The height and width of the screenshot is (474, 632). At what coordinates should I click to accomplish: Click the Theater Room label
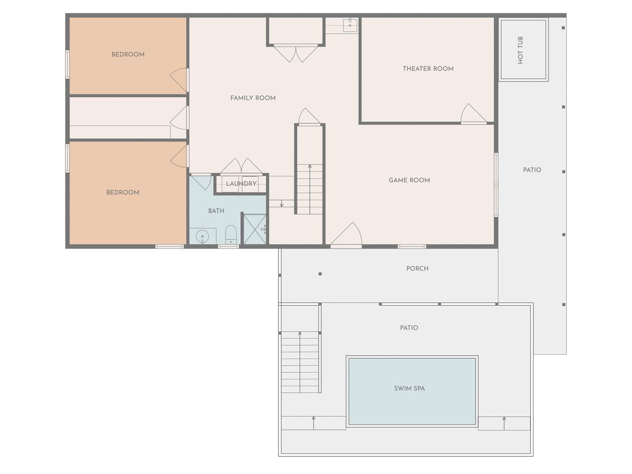428,69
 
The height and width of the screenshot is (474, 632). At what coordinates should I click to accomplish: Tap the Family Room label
253,98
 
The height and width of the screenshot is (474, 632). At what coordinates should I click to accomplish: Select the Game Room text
409,180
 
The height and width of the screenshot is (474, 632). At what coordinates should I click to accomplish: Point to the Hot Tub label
520,50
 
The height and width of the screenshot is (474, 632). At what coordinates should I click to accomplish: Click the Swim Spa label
409,388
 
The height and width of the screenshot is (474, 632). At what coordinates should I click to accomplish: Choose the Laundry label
241,184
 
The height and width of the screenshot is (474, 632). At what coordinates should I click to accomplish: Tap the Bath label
216,211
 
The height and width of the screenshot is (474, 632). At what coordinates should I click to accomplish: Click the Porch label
417,269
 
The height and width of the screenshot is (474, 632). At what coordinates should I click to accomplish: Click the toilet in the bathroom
231,234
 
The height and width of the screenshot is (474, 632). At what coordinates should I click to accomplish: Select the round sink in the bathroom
202,237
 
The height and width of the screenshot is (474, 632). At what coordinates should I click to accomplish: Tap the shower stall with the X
255,230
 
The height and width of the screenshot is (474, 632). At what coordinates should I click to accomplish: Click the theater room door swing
474,114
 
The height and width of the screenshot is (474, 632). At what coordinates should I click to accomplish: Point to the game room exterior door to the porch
346,235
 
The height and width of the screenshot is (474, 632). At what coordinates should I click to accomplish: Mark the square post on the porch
320,274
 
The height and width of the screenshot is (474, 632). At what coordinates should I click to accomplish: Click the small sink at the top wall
350,25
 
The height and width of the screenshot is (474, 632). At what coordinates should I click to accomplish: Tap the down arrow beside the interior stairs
281,203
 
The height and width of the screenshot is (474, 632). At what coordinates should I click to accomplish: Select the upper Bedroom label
128,54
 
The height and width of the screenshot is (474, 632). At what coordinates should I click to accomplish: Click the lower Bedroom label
122,192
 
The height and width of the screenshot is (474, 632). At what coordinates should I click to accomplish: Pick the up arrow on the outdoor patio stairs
300,362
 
